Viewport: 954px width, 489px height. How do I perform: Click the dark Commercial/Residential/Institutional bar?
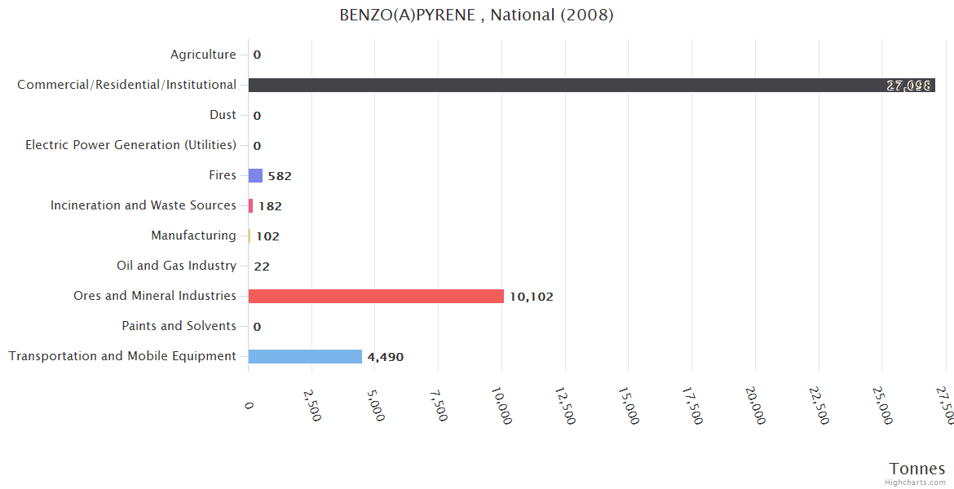click(x=591, y=85)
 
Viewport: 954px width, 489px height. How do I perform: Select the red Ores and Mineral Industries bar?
click(x=376, y=296)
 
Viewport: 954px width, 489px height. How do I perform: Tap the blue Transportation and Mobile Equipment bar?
click(x=305, y=356)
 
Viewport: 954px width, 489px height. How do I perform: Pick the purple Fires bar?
click(x=255, y=175)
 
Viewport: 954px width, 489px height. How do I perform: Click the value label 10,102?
click(x=531, y=297)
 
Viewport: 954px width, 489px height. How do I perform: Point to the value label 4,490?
click(x=385, y=357)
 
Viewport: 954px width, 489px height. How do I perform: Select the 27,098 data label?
click(x=908, y=86)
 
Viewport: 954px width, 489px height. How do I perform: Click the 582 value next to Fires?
click(x=279, y=176)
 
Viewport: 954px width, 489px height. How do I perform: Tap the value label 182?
click(x=270, y=206)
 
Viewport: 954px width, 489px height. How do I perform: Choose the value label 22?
click(x=262, y=267)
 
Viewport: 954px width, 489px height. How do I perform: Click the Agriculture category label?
click(x=203, y=55)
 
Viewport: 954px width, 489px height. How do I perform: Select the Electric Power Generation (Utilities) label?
click(x=130, y=145)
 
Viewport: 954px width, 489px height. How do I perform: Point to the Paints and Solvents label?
click(x=179, y=326)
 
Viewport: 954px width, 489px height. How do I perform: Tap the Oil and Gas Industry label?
click(x=176, y=266)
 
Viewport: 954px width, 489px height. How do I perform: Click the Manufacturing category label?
click(x=193, y=236)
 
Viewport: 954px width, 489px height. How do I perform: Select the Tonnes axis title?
click(x=916, y=469)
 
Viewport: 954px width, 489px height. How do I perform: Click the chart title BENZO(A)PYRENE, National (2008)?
click(x=476, y=15)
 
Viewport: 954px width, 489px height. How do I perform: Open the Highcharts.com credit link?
click(x=916, y=482)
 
